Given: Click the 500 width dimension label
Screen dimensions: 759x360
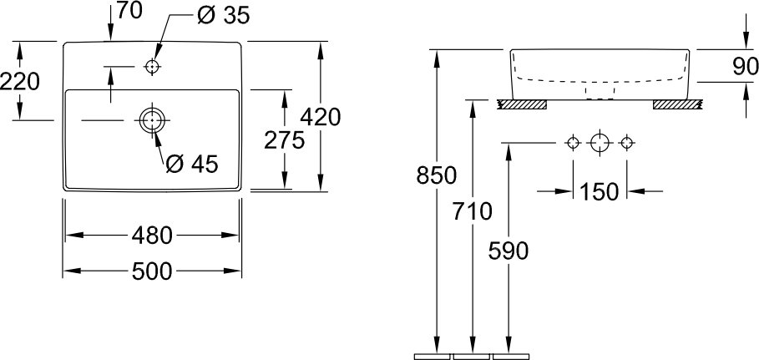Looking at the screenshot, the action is pyautogui.click(x=152, y=271).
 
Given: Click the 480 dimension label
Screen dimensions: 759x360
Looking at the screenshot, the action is pyautogui.click(x=152, y=236).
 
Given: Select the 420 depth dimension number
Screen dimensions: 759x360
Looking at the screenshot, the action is pyautogui.click(x=321, y=117).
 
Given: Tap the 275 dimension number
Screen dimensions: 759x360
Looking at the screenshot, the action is pyautogui.click(x=284, y=140).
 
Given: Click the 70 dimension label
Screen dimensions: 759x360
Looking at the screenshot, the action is pyautogui.click(x=129, y=10).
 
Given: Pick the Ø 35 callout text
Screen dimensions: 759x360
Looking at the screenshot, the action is pyautogui.click(x=224, y=16).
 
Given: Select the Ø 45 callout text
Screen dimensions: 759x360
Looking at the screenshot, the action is pyautogui.click(x=192, y=165).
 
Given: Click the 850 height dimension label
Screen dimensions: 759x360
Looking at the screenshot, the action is pyautogui.click(x=436, y=175).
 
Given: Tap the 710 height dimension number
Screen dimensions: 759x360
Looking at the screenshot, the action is pyautogui.click(x=472, y=211).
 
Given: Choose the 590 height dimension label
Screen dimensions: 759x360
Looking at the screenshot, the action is pyautogui.click(x=509, y=251).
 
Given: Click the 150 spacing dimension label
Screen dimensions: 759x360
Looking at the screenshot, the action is pyautogui.click(x=600, y=192).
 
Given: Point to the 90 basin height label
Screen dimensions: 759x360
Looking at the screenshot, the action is pyautogui.click(x=746, y=66).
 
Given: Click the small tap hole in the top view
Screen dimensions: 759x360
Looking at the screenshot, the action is pyautogui.click(x=152, y=66).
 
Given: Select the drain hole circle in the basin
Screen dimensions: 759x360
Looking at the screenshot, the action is pyautogui.click(x=152, y=119).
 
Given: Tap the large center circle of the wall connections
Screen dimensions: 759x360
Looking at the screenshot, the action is pyautogui.click(x=600, y=143).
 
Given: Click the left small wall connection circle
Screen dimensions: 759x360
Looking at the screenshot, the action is pyautogui.click(x=573, y=143).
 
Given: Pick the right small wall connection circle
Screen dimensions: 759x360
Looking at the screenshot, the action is pyautogui.click(x=627, y=143).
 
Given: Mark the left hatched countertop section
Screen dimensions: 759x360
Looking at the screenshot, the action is pyautogui.click(x=523, y=104).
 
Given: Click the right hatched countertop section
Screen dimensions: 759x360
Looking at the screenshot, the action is pyautogui.click(x=677, y=104).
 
